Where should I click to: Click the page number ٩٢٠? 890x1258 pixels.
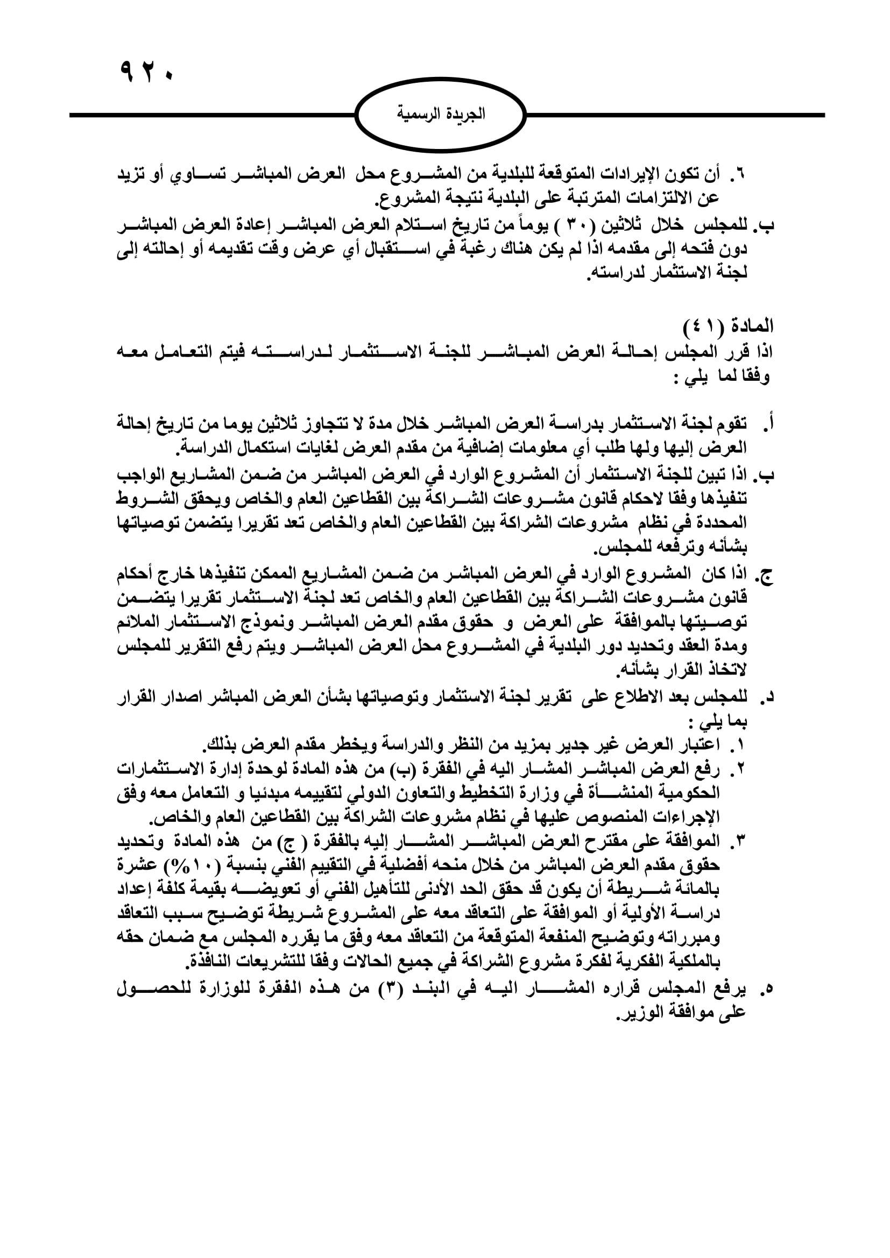click(x=145, y=71)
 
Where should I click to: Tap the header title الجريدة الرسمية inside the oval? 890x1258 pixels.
click(x=441, y=115)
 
